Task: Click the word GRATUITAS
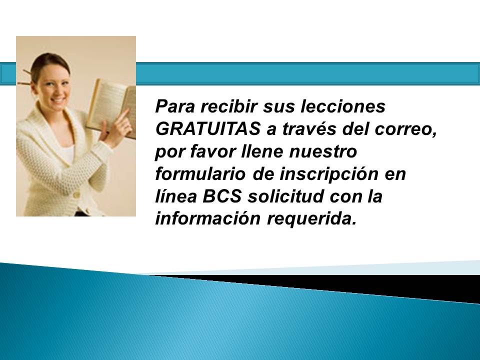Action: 208,129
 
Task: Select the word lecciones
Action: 343,106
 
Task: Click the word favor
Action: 213,151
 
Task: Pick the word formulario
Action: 200,173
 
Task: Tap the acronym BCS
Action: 222,196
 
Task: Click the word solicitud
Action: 285,196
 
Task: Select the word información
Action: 208,218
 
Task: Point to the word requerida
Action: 312,219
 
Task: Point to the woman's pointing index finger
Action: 123,115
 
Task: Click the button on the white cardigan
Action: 76,194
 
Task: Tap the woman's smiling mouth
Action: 58,99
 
